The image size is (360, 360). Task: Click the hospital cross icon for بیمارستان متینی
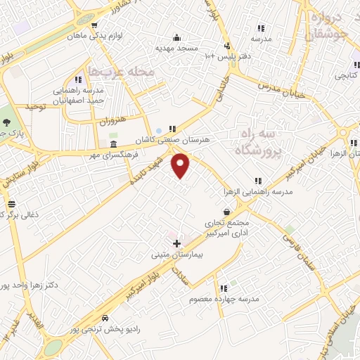(x=176, y=243)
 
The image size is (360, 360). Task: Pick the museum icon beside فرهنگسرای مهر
(x=114, y=144)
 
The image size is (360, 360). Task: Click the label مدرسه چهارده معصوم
(x=224, y=300)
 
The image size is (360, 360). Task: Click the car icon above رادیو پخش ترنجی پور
(x=105, y=316)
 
